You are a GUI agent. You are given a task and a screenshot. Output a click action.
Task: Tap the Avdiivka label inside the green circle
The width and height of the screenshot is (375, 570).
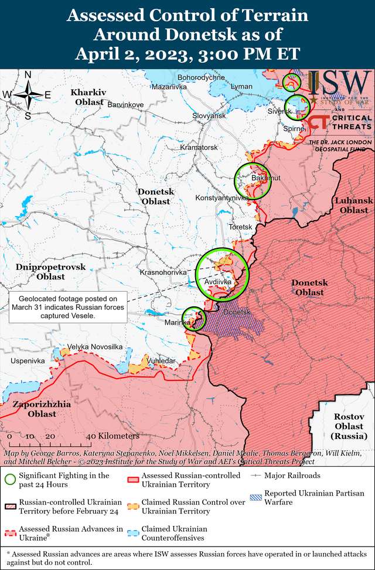click(219, 283)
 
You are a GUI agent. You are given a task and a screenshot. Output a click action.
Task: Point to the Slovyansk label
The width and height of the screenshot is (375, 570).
click(209, 116)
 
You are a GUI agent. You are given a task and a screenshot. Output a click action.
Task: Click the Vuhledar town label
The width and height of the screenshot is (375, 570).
click(160, 360)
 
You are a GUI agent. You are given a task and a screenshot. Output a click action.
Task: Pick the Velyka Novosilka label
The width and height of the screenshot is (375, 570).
click(95, 347)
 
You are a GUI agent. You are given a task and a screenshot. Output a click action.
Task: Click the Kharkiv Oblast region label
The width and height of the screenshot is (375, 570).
click(88, 97)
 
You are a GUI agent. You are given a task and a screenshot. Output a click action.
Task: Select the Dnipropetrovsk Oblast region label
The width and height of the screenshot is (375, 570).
click(43, 271)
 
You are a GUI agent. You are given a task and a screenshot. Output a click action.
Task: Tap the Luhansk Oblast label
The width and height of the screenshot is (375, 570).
click(354, 205)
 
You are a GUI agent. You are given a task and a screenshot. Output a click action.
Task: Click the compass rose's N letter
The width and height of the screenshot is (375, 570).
click(28, 75)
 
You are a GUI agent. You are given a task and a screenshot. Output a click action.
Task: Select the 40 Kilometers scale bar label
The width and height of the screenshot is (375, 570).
click(112, 436)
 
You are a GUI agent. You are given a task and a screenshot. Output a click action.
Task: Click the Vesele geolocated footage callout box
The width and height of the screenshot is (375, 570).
click(68, 307)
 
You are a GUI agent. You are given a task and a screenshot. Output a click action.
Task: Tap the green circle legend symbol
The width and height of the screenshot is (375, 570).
click(9, 479)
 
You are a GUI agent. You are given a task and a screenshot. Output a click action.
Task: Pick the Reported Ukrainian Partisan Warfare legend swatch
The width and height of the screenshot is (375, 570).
click(255, 497)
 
